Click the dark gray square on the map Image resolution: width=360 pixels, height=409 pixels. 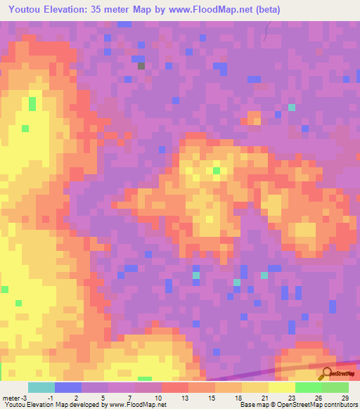[141, 66]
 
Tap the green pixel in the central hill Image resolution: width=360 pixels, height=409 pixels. [217, 171]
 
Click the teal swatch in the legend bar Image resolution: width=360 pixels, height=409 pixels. [41, 387]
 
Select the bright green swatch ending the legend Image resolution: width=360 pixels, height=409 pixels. [335, 387]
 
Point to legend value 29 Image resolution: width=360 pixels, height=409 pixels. [345, 398]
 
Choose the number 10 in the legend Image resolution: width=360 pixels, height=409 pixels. [168, 398]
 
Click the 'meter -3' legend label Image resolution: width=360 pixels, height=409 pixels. [15, 398]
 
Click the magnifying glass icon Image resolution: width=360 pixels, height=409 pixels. [326, 374]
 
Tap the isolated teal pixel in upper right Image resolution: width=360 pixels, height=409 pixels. [292, 108]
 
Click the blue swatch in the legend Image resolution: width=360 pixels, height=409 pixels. [68, 387]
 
